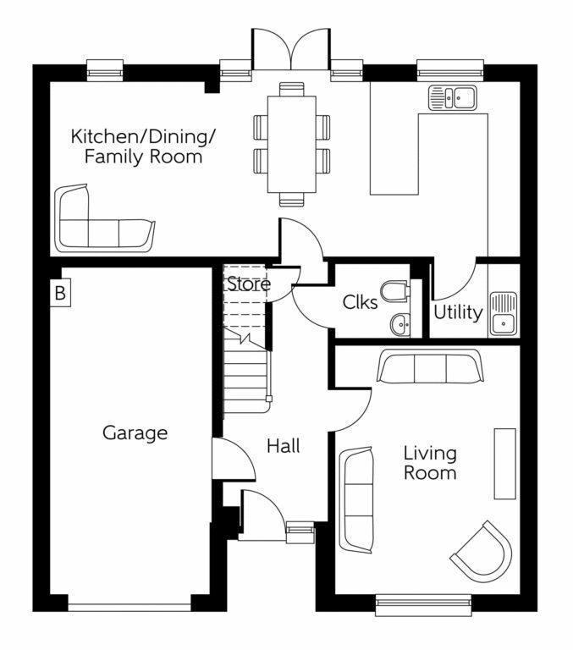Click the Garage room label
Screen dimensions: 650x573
click(135, 433)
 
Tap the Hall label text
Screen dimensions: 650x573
click(283, 446)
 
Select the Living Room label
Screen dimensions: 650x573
click(430, 463)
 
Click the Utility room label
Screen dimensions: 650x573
click(458, 312)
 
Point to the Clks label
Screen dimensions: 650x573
click(360, 302)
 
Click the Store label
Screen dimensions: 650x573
click(247, 284)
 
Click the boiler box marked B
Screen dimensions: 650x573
click(60, 294)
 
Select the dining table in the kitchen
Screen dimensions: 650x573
click(291, 144)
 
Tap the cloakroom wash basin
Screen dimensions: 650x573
click(399, 322)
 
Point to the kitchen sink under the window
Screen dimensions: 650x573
click(453, 97)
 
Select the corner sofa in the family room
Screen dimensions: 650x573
click(100, 223)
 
